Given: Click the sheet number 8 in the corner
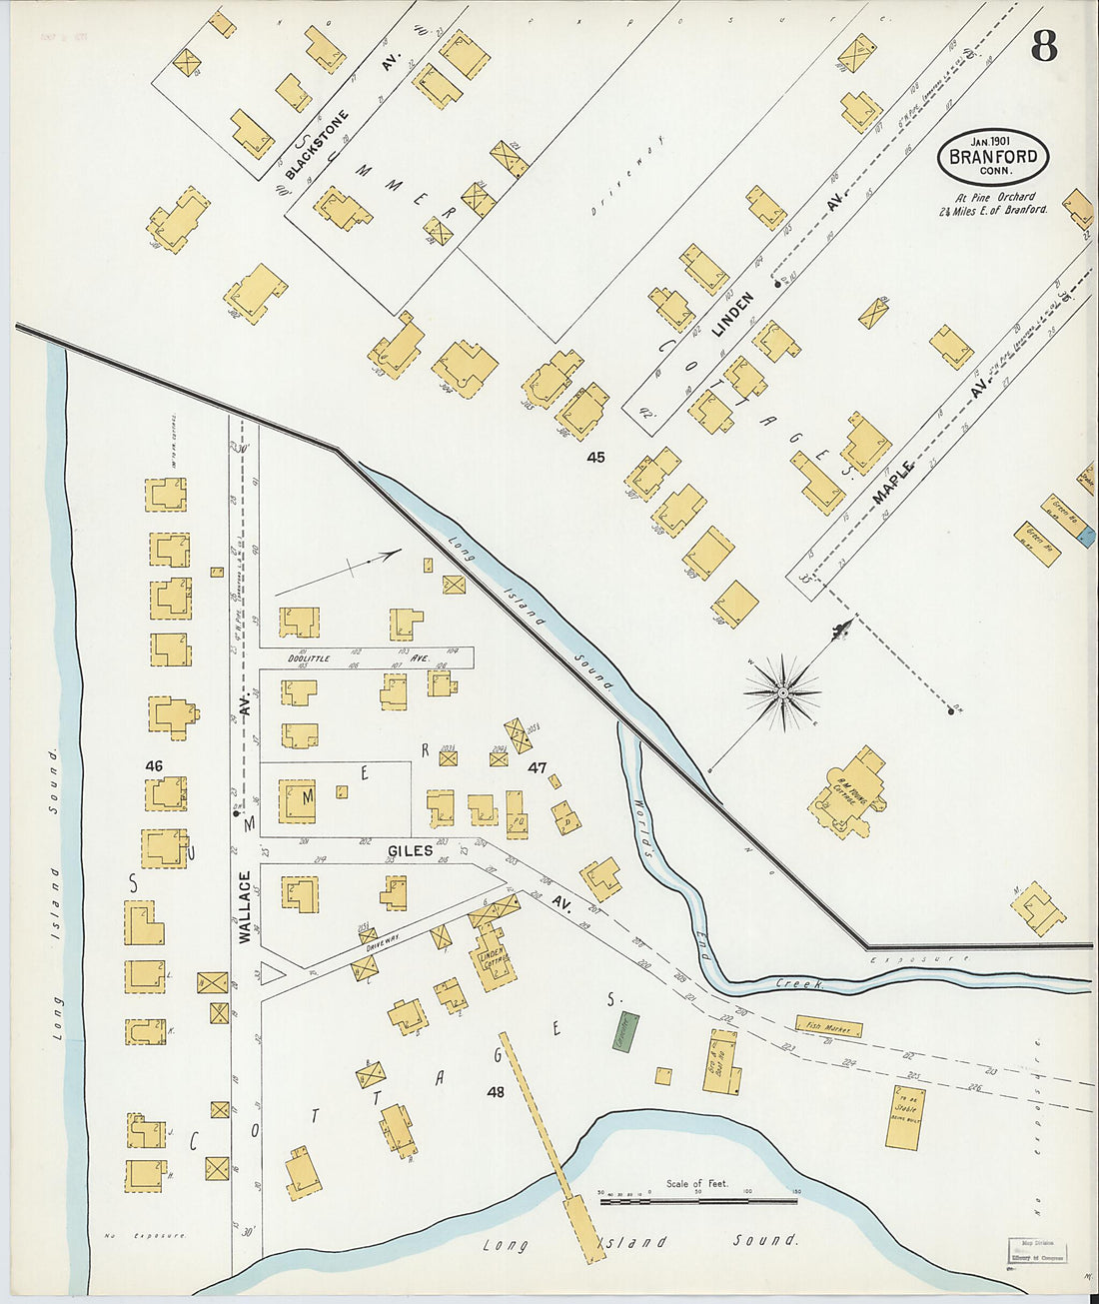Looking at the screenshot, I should click(1044, 46).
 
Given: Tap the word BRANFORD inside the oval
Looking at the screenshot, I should click(993, 157).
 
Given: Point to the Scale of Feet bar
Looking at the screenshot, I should click(698, 1201).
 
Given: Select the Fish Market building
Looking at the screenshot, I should click(829, 1025).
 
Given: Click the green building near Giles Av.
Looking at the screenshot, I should click(625, 1030).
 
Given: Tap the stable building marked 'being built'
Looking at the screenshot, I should click(905, 1116).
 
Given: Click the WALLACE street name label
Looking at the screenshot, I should click(245, 907).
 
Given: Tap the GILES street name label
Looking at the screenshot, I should click(411, 850).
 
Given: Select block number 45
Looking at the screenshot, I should click(596, 458).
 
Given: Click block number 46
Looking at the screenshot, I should click(153, 765).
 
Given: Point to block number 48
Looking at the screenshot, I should click(496, 1092).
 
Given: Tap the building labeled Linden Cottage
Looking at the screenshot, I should click(492, 959).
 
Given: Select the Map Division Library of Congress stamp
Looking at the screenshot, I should click(1036, 1251).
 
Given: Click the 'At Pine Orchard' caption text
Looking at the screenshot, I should click(993, 197).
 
